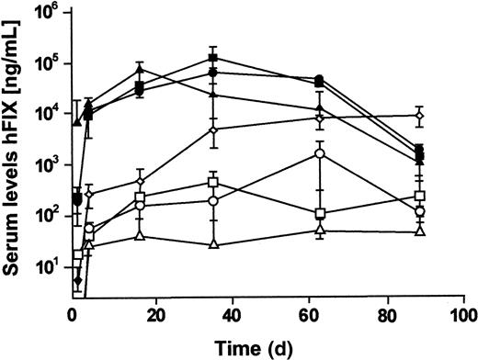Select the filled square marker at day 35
(x=212, y=58)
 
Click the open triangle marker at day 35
(x=212, y=244)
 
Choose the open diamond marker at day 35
(x=212, y=129)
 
